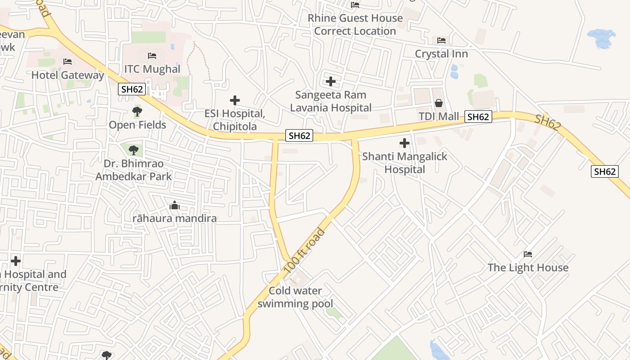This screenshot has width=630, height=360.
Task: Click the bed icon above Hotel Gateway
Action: tap(67, 61)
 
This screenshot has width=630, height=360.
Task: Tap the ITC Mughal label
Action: tap(152, 69)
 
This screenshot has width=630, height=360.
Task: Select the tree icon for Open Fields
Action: tap(137, 111)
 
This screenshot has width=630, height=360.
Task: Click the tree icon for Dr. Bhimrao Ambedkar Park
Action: tap(133, 150)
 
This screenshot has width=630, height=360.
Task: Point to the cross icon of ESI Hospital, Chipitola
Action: tap(234, 100)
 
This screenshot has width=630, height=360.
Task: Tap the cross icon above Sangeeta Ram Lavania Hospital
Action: tap(331, 81)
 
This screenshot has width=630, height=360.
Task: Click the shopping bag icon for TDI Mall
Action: tap(439, 103)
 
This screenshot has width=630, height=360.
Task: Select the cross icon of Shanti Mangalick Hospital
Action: tap(405, 143)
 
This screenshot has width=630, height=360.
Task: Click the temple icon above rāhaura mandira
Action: tap(175, 206)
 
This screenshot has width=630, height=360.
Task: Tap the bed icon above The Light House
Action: tap(528, 254)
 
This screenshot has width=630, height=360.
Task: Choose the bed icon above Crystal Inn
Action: tap(441, 40)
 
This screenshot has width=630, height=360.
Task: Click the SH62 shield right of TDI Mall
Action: tap(478, 117)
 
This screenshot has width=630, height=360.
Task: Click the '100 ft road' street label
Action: tap(305, 251)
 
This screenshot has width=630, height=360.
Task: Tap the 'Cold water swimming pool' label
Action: tap(295, 297)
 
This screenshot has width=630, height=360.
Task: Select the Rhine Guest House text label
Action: tap(355, 24)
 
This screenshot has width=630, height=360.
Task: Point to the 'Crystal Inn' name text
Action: tap(441, 54)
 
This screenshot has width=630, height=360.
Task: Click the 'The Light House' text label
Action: tap(528, 267)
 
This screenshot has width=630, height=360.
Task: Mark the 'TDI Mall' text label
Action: tap(439, 117)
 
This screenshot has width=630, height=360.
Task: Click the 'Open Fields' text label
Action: tap(137, 125)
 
